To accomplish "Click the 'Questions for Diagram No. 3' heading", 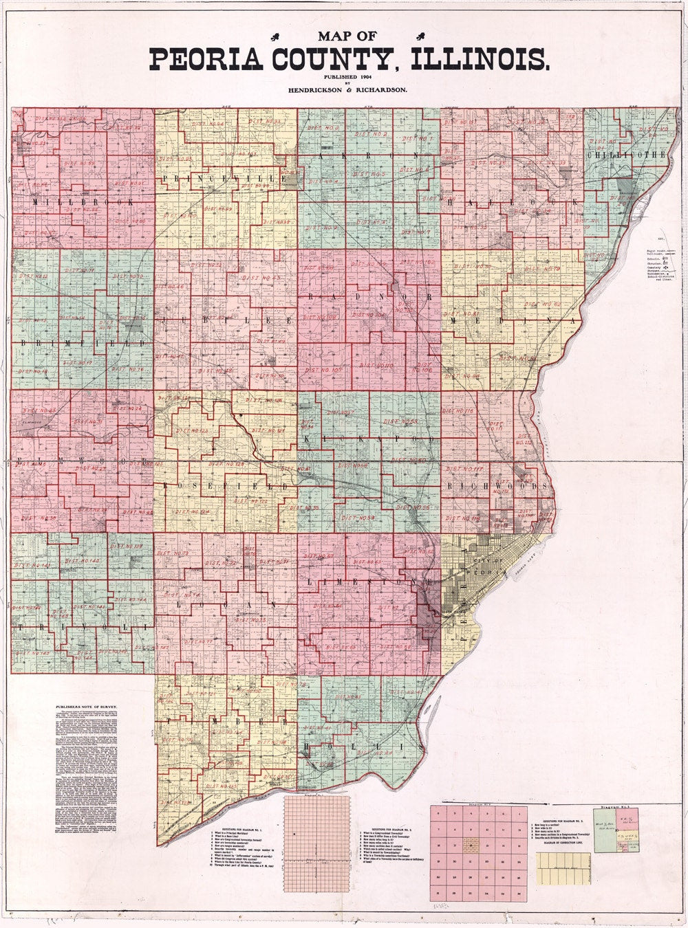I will pyautogui.click(x=562, y=821).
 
